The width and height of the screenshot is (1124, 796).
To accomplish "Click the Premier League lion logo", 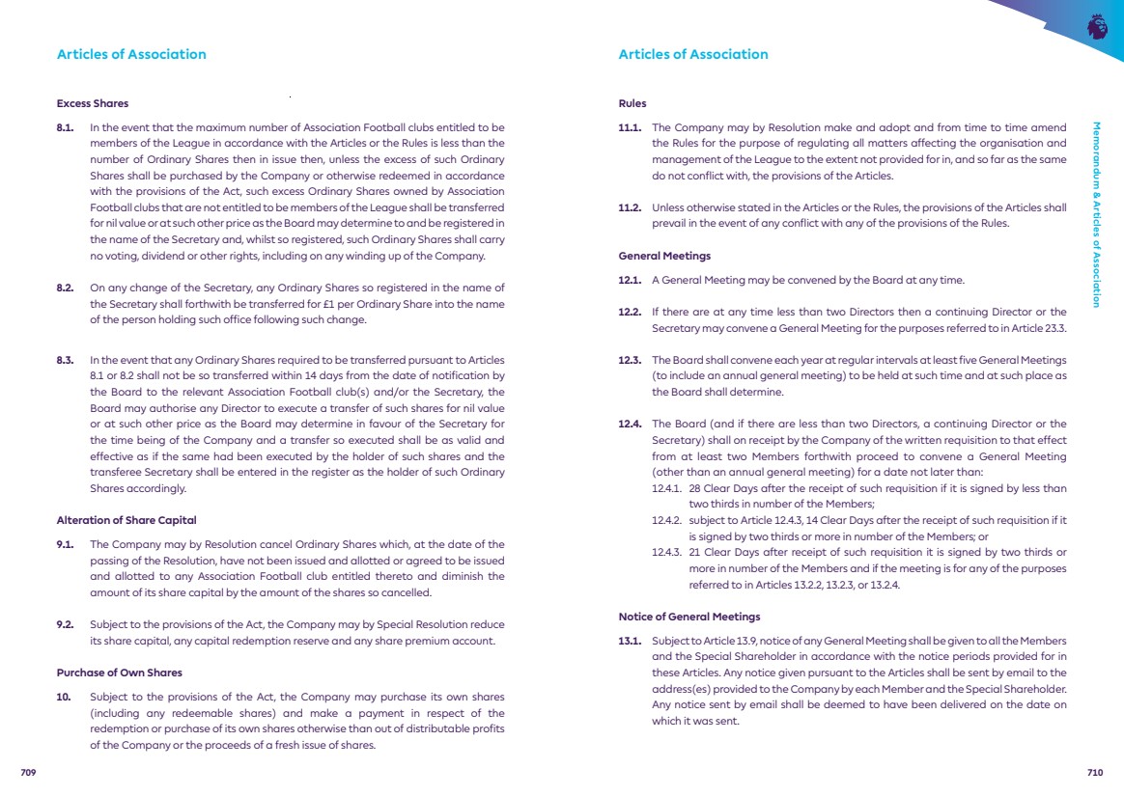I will coord(1097,26).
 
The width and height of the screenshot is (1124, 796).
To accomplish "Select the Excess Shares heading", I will coord(93,103).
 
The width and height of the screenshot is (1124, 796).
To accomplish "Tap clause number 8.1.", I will coord(66,126).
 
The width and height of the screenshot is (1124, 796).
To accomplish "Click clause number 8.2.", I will coord(66,288).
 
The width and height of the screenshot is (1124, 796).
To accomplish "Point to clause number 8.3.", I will coord(66,361).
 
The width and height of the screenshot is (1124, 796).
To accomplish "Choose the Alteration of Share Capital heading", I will coord(126,521).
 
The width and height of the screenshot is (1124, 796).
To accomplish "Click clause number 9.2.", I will coord(66,624).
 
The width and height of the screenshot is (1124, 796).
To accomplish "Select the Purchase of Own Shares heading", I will coord(120,672).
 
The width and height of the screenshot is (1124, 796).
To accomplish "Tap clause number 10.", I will coord(64,696).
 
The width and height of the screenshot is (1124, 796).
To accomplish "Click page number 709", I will coord(28,772).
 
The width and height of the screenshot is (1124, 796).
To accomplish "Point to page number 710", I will coord(1094,772).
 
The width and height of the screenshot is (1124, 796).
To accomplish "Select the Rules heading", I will coord(632,103).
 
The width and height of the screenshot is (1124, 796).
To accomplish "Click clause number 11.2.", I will coord(630,206).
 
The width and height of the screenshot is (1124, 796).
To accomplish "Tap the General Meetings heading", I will coord(664,256).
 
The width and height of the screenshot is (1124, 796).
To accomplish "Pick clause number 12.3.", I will coord(630,361).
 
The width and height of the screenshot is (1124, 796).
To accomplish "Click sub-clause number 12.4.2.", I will coord(667,520).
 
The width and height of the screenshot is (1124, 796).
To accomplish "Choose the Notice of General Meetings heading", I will coord(689,617).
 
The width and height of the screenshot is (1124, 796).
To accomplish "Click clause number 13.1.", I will coord(630,641).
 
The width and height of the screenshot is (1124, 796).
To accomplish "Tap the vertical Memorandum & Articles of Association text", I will coord(1096,213).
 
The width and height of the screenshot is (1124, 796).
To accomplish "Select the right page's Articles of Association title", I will coord(693,54).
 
